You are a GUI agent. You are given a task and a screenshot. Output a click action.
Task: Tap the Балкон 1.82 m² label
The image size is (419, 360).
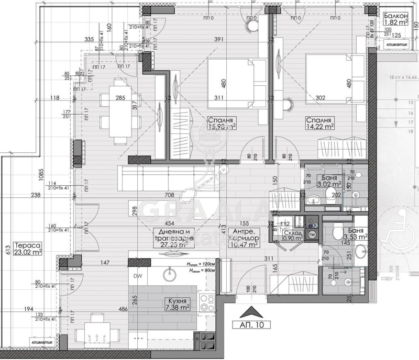click(396, 19)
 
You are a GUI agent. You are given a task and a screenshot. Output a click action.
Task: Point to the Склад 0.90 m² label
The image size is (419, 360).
click(291, 234)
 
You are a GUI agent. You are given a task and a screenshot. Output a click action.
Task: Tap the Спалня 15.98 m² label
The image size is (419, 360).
click(222, 122)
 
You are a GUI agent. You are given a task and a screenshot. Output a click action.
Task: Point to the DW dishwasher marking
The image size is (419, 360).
click(137, 276)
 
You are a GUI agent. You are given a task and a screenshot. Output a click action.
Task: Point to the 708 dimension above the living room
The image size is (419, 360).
click(169, 195)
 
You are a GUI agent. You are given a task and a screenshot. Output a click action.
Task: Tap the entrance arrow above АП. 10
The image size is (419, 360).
click(250, 312)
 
